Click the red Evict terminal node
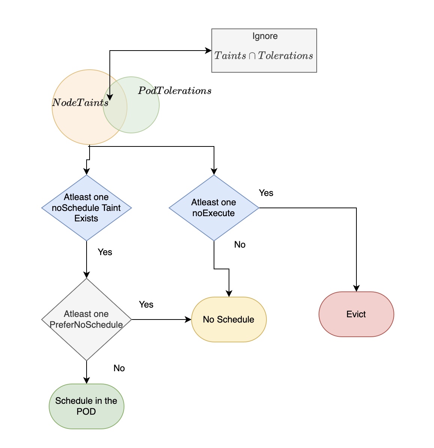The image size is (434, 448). click(356, 314)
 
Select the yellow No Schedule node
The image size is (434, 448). click(229, 320)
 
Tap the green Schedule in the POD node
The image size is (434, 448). click(86, 406)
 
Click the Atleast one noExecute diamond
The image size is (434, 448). click(214, 208)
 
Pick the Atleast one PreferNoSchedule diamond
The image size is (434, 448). click(86, 320)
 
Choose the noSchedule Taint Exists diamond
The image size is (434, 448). click(86, 208)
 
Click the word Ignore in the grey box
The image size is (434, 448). click(265, 36)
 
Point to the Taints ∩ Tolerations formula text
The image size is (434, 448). click(263, 56)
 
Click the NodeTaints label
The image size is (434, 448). click(80, 103)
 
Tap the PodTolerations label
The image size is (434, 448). click(175, 91)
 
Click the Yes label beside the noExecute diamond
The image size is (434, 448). click(266, 193)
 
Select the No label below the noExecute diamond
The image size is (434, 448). click(240, 245)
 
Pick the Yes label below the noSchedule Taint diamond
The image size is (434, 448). click(105, 252)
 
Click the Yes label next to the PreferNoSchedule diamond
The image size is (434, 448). click(146, 305)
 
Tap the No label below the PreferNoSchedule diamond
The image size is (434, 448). click(119, 368)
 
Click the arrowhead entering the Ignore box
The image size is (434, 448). click(208, 51)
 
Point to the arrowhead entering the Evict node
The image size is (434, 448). click(356, 288)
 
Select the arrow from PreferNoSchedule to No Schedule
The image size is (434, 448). click(161, 320)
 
